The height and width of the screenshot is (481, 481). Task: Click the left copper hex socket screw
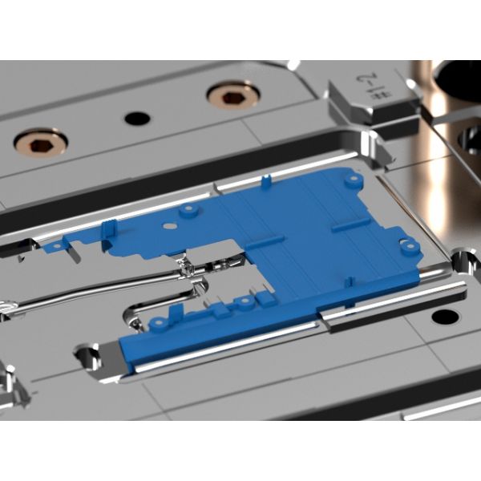coord(40,143)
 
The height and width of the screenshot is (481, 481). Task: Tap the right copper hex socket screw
coord(232,95)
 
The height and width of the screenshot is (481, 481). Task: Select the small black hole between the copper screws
coord(137,118)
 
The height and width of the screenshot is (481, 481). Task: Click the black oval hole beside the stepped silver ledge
coord(445,316)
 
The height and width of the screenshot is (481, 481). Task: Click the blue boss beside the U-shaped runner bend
coord(160,323)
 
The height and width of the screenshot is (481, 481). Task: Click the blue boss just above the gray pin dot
coord(189,211)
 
